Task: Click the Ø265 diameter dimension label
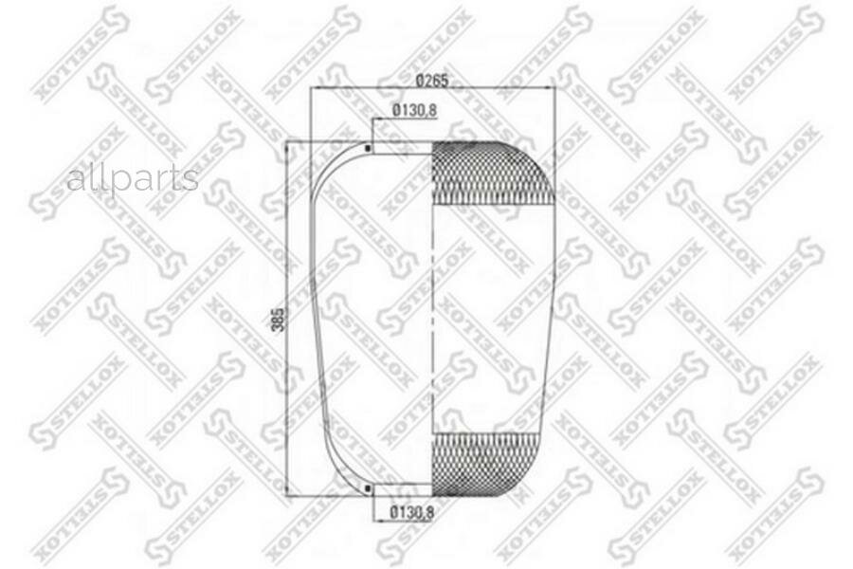click(432, 81)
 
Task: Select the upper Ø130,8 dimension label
click(414, 111)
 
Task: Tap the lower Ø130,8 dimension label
click(413, 512)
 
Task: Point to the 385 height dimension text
click(278, 320)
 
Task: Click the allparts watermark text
click(133, 178)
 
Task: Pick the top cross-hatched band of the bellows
click(492, 173)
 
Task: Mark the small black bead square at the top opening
click(368, 147)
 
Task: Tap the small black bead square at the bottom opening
click(368, 488)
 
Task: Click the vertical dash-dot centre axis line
click(432, 319)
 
